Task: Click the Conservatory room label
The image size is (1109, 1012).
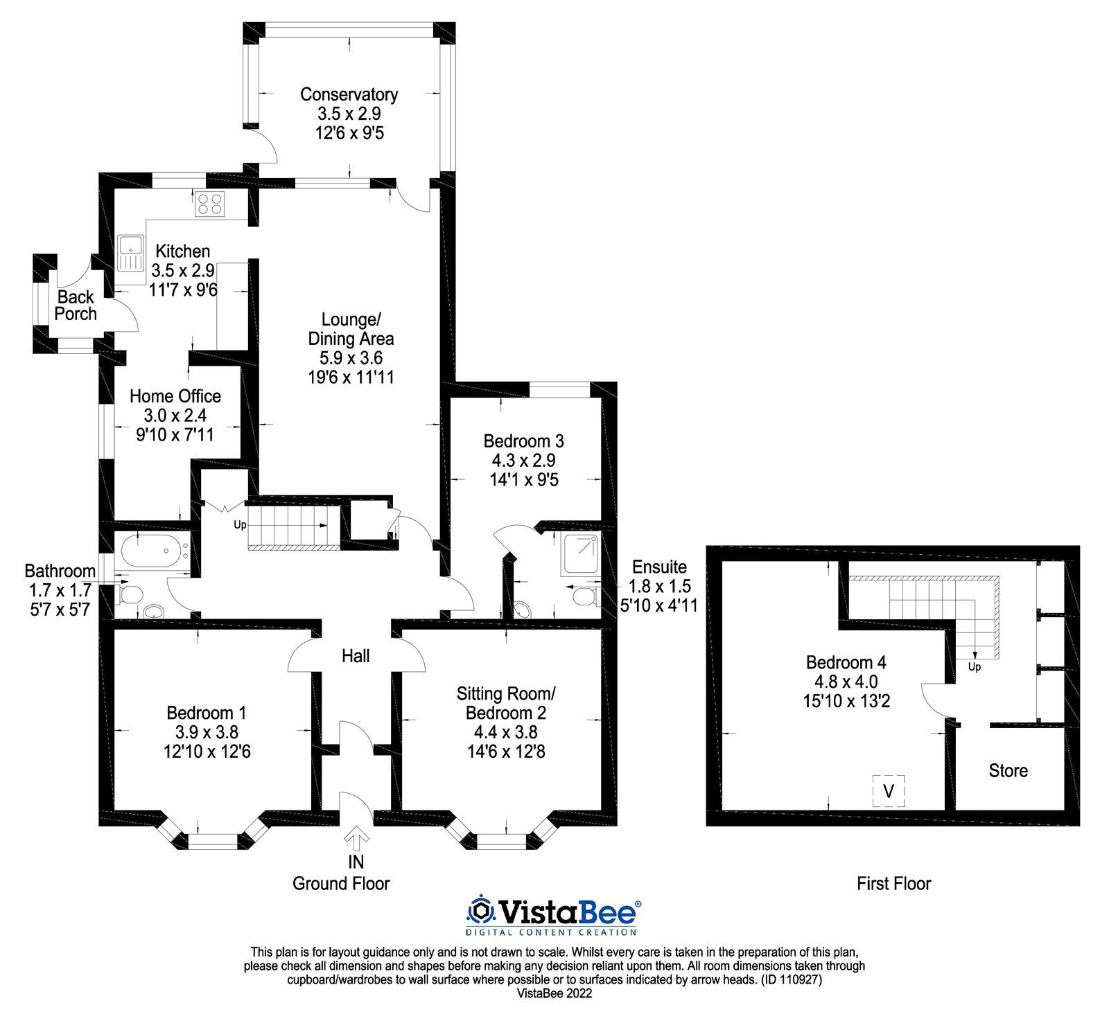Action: click(x=349, y=94)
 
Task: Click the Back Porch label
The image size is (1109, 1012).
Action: click(x=76, y=305)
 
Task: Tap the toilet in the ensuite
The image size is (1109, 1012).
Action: click(x=586, y=596)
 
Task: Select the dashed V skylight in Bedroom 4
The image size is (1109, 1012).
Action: click(x=889, y=790)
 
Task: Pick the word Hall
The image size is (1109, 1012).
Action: click(x=356, y=656)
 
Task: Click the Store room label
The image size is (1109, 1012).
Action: click(x=1008, y=771)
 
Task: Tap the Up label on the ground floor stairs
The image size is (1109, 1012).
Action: click(x=240, y=525)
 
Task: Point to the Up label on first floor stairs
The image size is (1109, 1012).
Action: click(x=974, y=667)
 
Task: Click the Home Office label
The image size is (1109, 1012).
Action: click(x=175, y=396)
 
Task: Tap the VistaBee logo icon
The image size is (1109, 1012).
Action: click(x=480, y=909)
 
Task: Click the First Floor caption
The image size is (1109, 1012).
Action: click(x=893, y=883)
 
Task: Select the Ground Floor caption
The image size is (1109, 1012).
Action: click(x=341, y=883)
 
